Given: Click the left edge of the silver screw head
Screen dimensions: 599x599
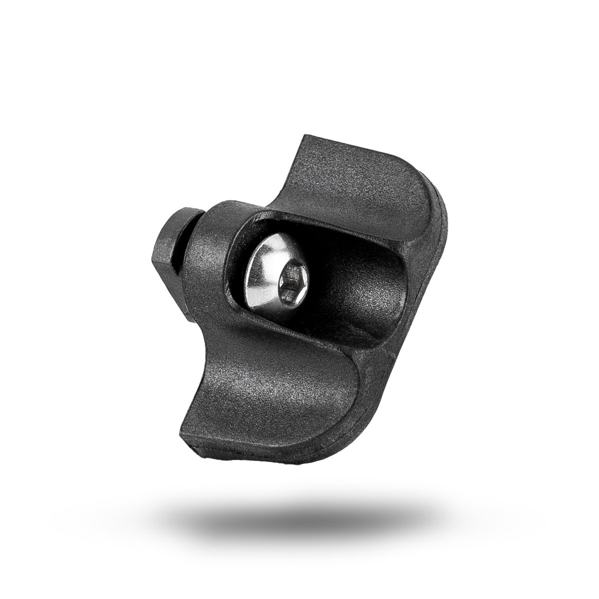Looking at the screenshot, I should tap(247, 276).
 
